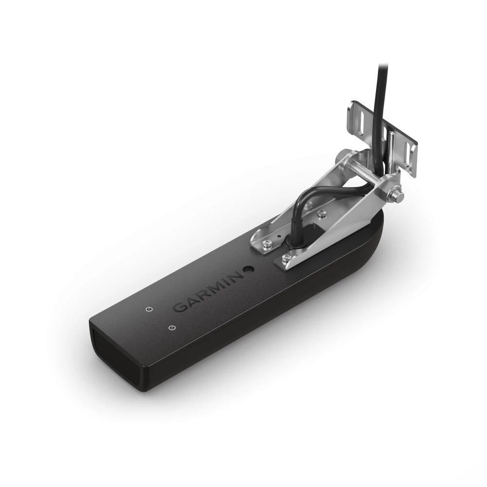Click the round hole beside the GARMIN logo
pyautogui.click(x=249, y=268)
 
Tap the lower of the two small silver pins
pyautogui.click(x=170, y=327)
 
